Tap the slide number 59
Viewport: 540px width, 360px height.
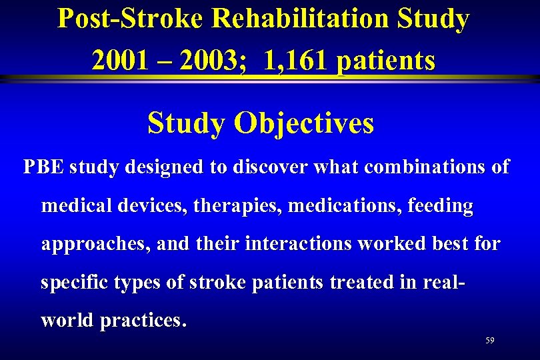click(x=490, y=341)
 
